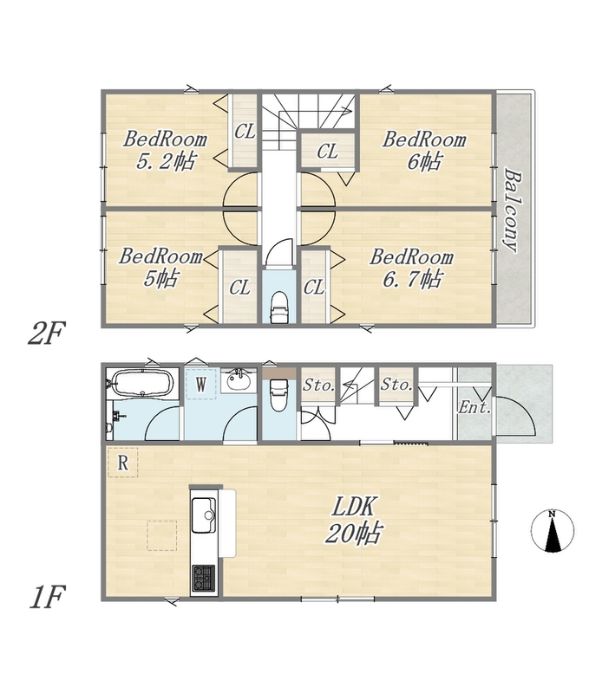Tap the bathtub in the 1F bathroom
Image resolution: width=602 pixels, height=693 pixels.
click(x=142, y=384)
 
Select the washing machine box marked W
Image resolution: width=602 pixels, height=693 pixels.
click(x=200, y=384)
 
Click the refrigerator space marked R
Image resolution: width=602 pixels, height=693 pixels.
click(x=122, y=463)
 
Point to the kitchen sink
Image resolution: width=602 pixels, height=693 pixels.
click(x=204, y=515)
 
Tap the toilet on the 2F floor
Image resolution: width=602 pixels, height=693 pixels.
click(x=278, y=307)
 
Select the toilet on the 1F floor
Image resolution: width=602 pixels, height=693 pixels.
click(x=278, y=394)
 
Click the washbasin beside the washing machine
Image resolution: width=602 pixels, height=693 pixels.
click(x=239, y=379)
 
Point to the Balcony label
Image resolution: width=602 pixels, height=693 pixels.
click(x=513, y=210)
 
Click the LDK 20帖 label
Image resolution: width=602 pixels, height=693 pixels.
click(x=353, y=520)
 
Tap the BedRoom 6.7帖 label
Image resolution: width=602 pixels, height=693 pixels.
click(x=412, y=268)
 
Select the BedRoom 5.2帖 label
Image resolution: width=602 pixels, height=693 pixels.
click(x=165, y=150)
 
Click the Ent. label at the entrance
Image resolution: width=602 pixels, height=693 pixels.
click(x=474, y=407)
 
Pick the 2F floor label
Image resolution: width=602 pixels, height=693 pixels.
click(x=47, y=334)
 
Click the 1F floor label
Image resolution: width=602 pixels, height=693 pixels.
click(x=48, y=597)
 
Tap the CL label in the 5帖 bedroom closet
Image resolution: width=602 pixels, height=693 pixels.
click(x=239, y=288)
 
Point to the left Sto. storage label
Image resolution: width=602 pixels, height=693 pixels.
click(x=318, y=385)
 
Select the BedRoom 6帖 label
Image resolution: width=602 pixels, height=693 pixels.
click(x=424, y=150)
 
